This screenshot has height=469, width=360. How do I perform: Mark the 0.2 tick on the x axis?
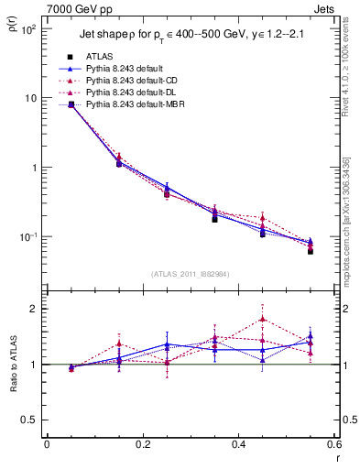tap(142, 445)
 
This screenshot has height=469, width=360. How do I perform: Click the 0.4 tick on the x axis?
tap(238, 445)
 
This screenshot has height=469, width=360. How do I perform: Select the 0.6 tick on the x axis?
tap(333, 445)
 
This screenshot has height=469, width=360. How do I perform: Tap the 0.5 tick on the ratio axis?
tap(29, 420)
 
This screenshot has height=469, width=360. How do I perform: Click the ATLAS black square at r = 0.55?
tap(311, 250)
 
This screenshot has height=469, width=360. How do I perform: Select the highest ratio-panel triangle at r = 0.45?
tap(262, 320)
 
